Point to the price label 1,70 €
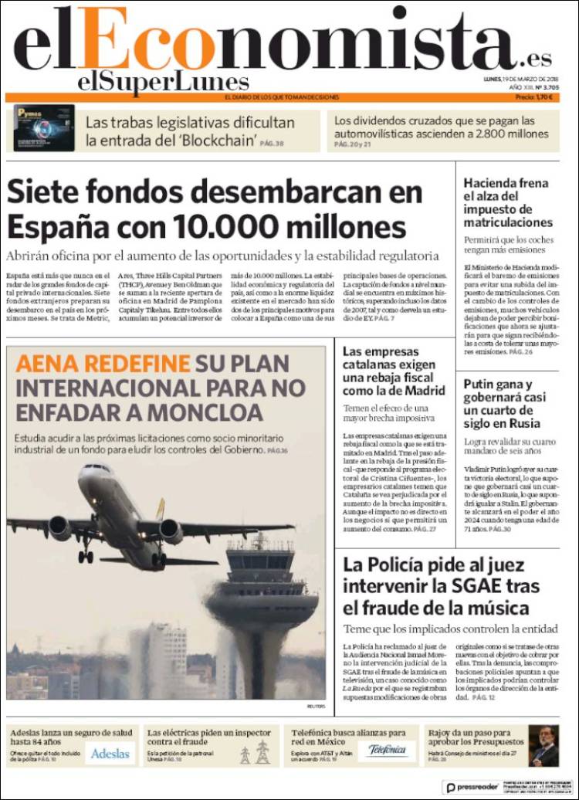coord(543,97)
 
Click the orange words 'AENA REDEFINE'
coord(101,364)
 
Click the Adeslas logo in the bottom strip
coord(110,753)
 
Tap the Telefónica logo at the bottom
coord(388,750)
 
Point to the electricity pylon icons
coord(254,752)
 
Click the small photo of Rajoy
coord(545,745)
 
